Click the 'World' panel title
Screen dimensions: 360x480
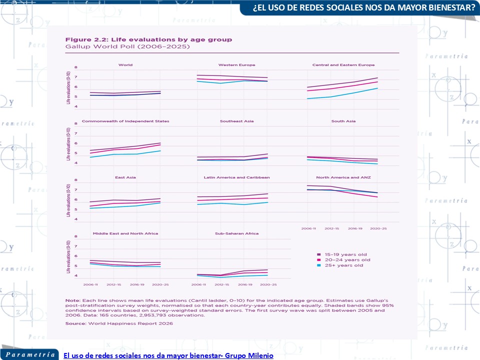click(x=125, y=65)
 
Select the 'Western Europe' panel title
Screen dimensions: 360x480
click(x=237, y=65)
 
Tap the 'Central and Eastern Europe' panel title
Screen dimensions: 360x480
click(x=343, y=65)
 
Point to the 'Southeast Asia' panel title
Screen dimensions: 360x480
click(x=237, y=121)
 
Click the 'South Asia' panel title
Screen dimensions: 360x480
click(x=343, y=121)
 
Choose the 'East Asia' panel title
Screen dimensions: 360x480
click(x=125, y=177)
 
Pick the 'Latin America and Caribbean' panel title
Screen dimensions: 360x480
click(x=237, y=177)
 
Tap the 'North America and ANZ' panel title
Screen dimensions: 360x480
click(x=343, y=177)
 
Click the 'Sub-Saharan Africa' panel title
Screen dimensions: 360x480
click(x=237, y=233)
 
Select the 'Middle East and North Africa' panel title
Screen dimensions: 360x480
click(x=125, y=233)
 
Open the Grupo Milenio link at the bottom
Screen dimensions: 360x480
click(x=168, y=355)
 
